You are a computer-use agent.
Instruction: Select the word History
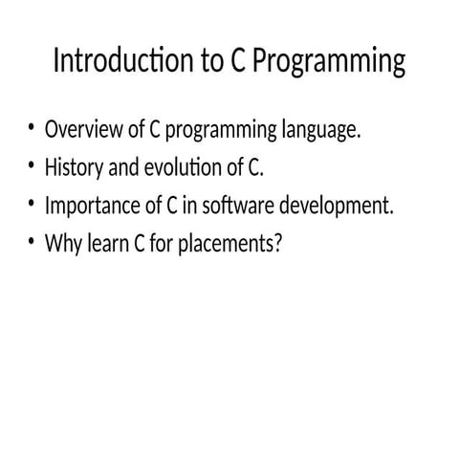73,168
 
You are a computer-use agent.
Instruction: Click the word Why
61,244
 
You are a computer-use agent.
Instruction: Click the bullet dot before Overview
31,127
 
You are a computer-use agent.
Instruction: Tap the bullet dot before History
31,165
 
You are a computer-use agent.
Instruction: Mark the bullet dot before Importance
31,204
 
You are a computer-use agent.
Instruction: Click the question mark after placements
278,244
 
